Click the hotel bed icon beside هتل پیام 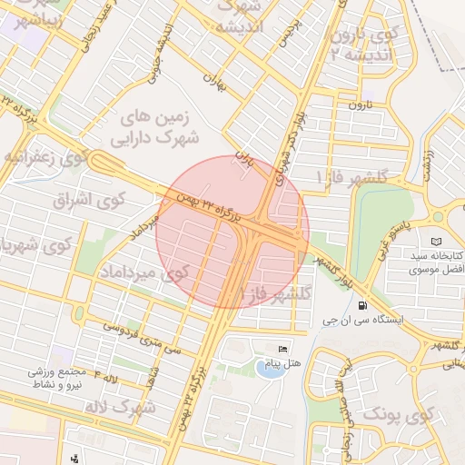[x=282, y=349]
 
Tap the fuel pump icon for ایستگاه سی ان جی [x=363, y=305]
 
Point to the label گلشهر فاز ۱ [x=351, y=176]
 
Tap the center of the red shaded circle [x=232, y=232]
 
